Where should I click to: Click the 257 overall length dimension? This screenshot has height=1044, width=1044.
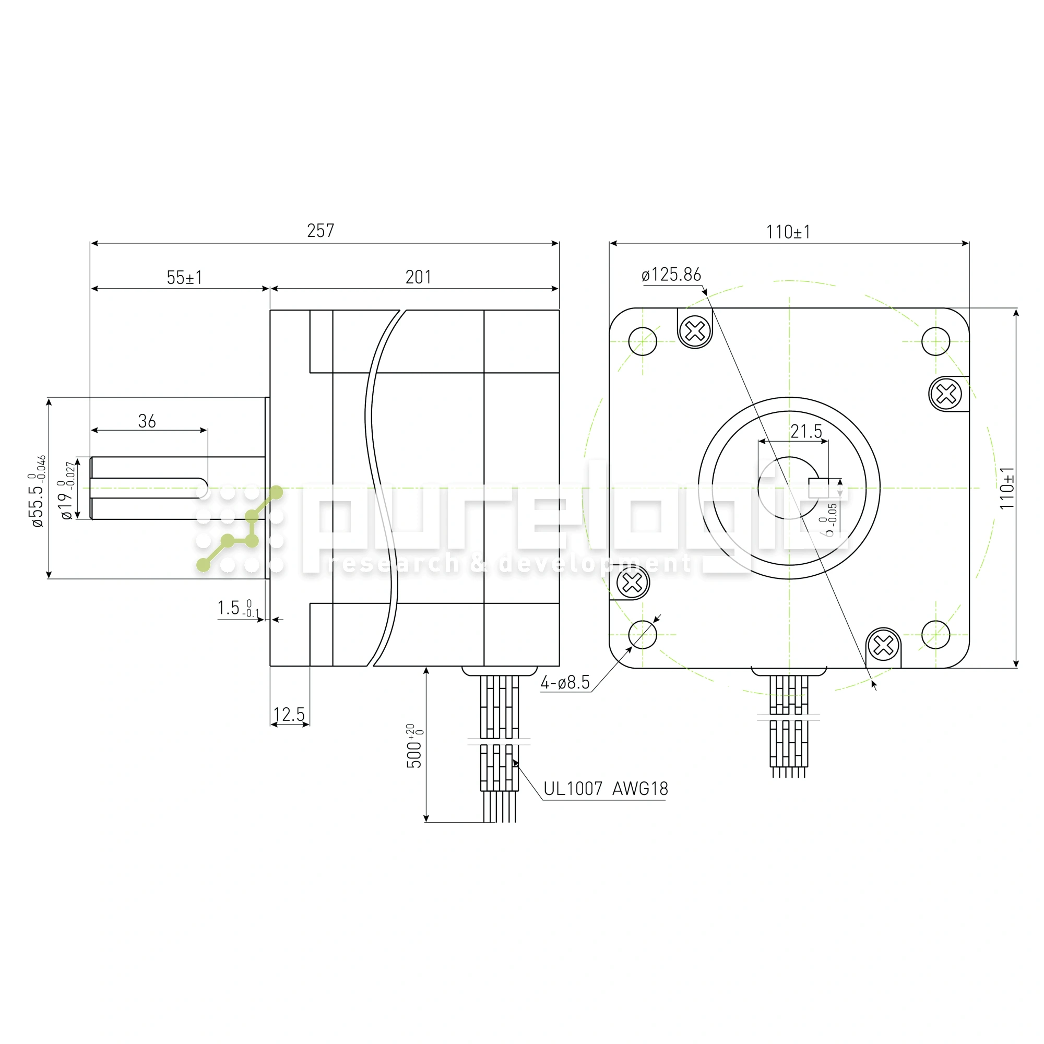coord(321,231)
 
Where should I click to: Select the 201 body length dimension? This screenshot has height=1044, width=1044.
coord(418,277)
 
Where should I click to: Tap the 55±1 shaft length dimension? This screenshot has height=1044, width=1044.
coord(184,278)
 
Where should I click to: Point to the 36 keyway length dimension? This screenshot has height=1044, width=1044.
coord(147,421)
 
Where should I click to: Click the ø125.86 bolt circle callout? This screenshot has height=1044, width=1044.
coord(671,275)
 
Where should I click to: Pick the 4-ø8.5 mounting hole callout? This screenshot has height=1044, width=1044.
coord(565,682)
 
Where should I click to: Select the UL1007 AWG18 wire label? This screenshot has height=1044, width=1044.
coord(606,789)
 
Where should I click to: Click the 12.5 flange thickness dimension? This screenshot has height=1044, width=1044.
coord(289,715)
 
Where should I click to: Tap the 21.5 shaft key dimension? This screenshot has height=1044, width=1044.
coord(806,431)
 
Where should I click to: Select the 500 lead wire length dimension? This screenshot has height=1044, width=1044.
coord(415,746)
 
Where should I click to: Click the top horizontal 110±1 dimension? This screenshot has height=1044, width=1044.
coord(788,232)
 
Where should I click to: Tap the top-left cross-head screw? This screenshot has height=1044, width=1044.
coord(695,331)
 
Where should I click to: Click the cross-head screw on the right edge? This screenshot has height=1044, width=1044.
coord(946,394)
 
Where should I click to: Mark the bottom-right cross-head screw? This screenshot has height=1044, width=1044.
coord(884,645)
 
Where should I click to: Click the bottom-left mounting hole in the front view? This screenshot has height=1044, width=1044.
coord(643,634)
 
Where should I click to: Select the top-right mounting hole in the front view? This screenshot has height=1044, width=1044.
coord(935,341)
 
